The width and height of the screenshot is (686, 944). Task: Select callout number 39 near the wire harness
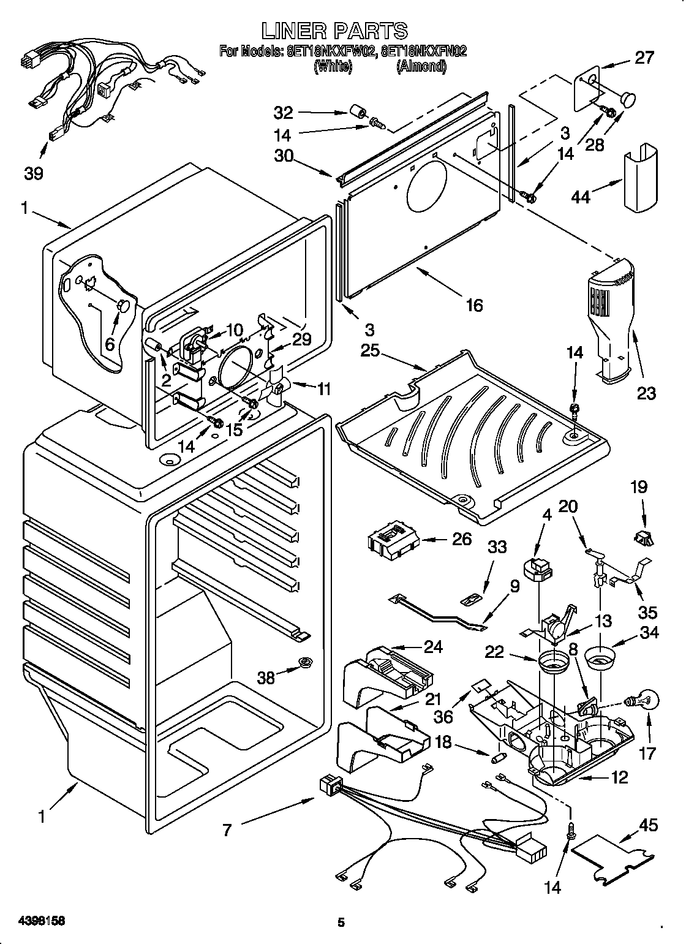coord(34,173)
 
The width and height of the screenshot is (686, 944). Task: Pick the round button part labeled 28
coord(627,98)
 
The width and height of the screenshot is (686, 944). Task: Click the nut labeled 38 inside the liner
coord(304,662)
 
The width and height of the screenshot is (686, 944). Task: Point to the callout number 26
coord(462,538)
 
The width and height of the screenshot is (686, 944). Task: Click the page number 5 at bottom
coord(342,922)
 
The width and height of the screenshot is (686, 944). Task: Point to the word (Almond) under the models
coord(421,67)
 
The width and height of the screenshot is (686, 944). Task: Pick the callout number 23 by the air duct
coord(646,393)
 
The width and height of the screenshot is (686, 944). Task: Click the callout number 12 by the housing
coord(619,777)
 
